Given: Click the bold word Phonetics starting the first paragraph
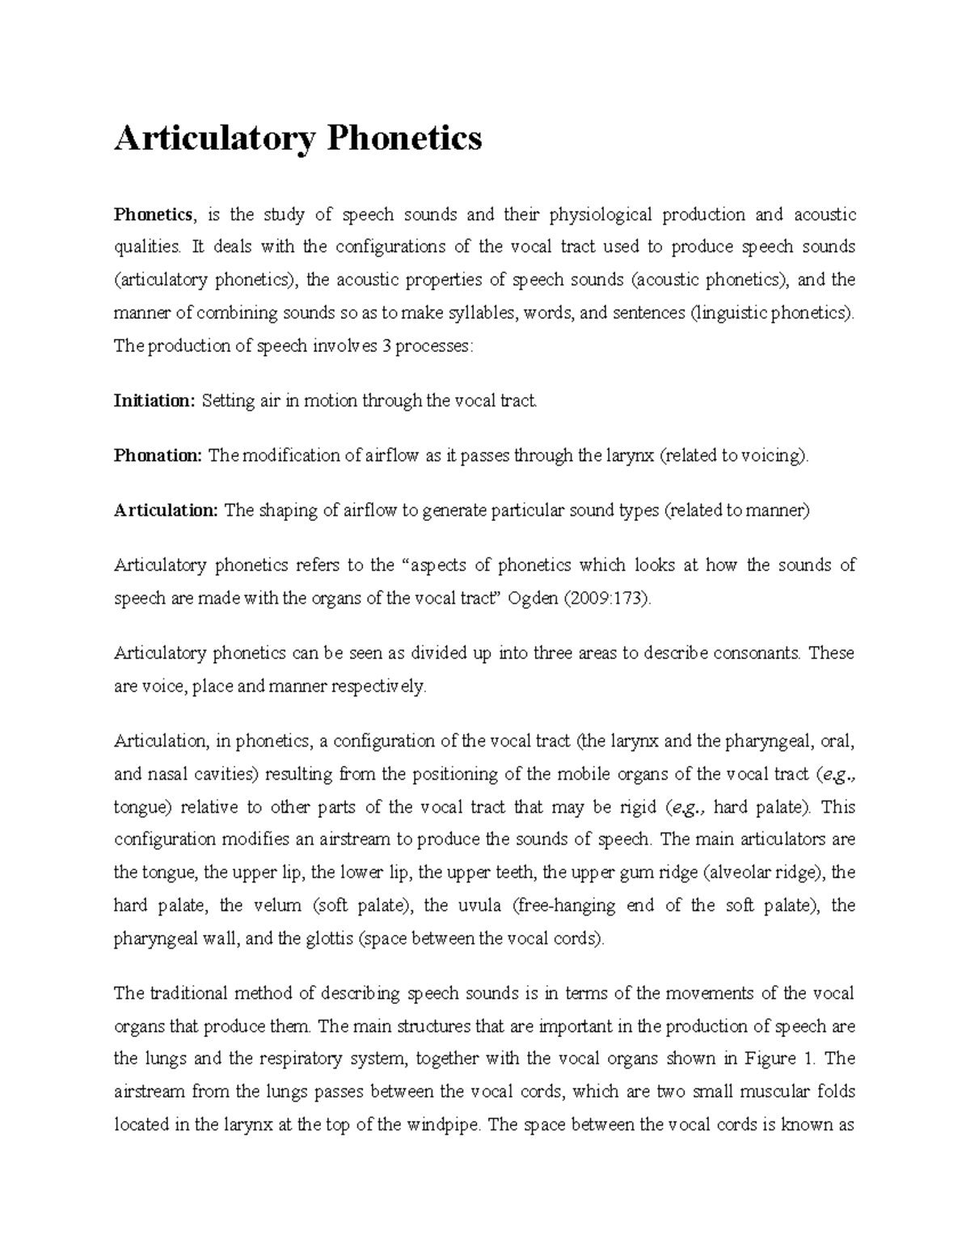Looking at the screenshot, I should tap(154, 214).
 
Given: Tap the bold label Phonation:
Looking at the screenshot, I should tap(158, 455).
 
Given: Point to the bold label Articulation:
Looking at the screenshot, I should tap(166, 510).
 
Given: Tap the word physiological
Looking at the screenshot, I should tap(601, 214).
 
